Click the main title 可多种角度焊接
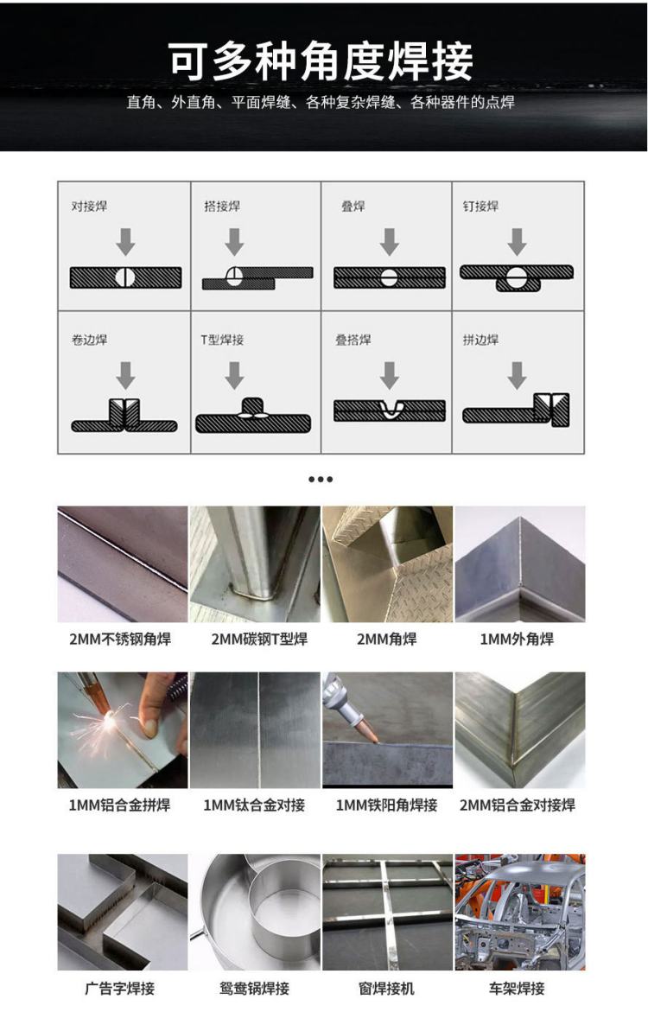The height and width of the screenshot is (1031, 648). point(321,62)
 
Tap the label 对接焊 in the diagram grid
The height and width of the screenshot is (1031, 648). point(89,206)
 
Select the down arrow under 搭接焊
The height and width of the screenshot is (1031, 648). point(234,241)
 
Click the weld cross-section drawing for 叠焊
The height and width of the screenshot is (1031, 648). point(389,277)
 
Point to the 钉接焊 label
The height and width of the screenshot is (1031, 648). point(480,206)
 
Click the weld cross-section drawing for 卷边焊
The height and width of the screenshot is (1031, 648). point(124,415)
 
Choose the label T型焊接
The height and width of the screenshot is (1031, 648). point(222,340)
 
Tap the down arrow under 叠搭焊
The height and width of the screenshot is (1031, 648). point(389,375)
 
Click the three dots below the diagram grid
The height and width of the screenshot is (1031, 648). point(321,480)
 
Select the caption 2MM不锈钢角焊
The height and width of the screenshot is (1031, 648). point(120,639)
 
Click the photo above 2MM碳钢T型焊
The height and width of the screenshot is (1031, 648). point(255,564)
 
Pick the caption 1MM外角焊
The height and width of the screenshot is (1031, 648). point(517,639)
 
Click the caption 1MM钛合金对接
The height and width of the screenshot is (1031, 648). point(254,805)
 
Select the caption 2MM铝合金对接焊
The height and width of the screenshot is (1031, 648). point(518,805)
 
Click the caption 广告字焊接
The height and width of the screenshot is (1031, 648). point(119,989)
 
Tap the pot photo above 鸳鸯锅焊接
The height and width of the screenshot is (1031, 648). point(255,912)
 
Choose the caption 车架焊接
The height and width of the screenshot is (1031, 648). point(517,989)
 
